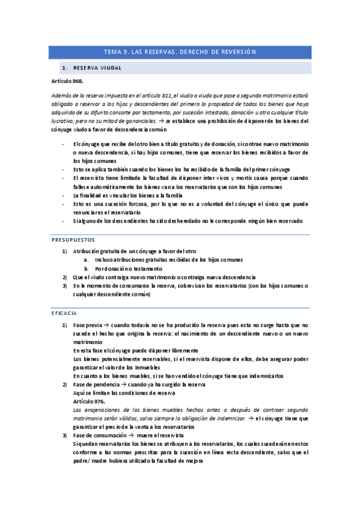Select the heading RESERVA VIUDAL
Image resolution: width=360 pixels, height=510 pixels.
(x=99, y=68)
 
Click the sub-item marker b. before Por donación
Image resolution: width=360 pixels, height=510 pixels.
(x=87, y=268)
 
